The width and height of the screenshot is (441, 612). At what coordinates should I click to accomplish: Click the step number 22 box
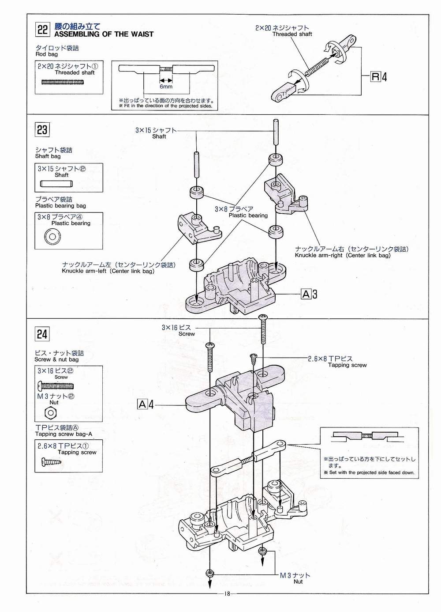(42, 29)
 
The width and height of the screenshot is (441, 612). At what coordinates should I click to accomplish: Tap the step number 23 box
(42, 130)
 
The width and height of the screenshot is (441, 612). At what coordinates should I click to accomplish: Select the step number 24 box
(42, 334)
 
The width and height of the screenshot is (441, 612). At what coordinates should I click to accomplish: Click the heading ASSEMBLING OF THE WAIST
(104, 34)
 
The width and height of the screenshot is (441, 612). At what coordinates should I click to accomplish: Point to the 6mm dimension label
(166, 87)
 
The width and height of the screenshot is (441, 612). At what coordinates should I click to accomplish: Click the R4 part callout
(379, 77)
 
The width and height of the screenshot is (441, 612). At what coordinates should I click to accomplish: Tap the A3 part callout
(309, 294)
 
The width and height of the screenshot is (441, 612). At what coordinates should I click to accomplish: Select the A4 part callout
(146, 404)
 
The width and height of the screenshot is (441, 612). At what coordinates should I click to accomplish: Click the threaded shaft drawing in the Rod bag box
(63, 82)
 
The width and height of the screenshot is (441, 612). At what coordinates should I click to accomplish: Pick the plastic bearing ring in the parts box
(52, 236)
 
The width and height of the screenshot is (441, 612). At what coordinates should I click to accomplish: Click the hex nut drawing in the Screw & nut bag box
(50, 413)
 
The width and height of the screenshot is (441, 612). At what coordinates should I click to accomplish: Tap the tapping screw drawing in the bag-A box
(51, 462)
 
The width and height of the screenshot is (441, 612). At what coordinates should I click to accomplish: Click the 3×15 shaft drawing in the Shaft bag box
(56, 184)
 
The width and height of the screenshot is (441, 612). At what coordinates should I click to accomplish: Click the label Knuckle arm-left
(108, 271)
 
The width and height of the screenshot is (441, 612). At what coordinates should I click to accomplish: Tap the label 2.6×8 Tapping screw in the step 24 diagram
(337, 362)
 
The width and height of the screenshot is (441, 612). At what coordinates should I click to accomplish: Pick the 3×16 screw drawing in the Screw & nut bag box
(56, 386)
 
